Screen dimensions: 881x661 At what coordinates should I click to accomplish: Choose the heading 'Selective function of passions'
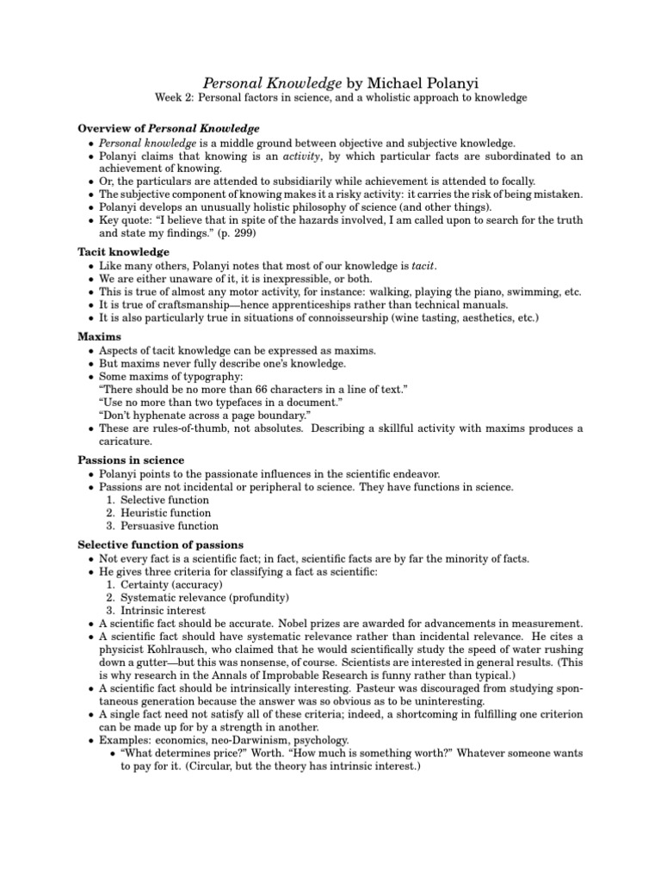(x=161, y=545)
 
